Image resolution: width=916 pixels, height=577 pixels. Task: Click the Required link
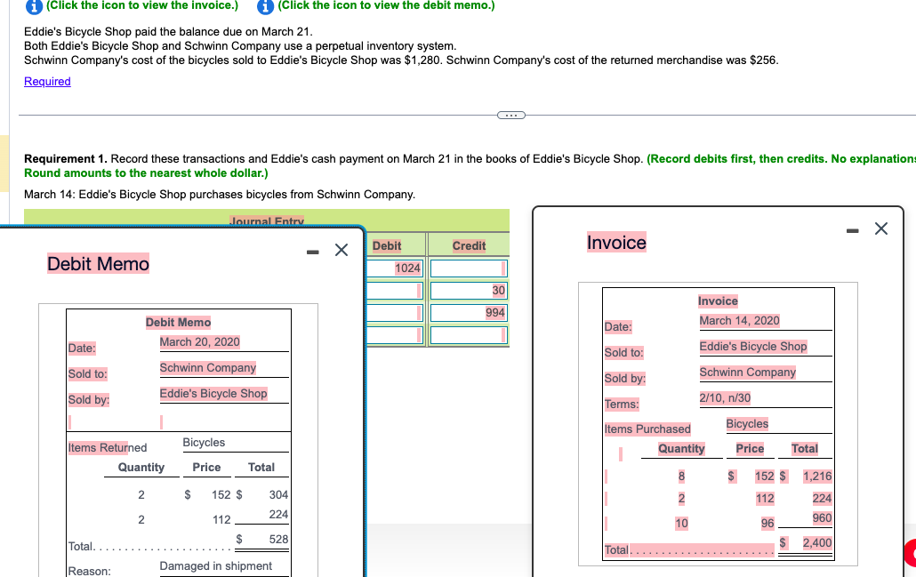click(x=47, y=82)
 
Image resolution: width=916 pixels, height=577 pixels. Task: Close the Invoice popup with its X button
click(x=880, y=229)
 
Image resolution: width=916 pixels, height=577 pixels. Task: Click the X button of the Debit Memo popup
click(x=341, y=250)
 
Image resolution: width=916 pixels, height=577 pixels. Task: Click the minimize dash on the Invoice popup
click(x=853, y=230)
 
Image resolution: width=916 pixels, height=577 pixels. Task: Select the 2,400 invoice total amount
click(x=816, y=542)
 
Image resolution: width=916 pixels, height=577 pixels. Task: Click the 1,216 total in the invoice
click(x=816, y=476)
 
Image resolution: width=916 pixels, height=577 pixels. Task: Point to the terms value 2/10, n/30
click(x=725, y=397)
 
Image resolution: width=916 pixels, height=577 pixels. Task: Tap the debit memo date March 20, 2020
click(x=199, y=341)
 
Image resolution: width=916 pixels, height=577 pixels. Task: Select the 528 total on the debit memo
click(x=278, y=540)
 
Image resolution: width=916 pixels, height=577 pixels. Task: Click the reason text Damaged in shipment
click(x=215, y=565)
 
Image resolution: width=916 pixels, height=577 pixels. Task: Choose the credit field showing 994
click(x=469, y=313)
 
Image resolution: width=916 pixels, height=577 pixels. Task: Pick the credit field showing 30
click(x=469, y=291)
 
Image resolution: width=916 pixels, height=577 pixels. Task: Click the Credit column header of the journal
click(x=469, y=245)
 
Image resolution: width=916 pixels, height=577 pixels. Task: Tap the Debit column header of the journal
click(x=387, y=245)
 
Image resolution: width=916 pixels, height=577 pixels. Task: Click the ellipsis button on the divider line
click(x=511, y=114)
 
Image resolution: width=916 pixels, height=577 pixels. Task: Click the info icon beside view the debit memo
click(x=265, y=5)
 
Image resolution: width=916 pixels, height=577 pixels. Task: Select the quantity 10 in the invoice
click(x=680, y=524)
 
